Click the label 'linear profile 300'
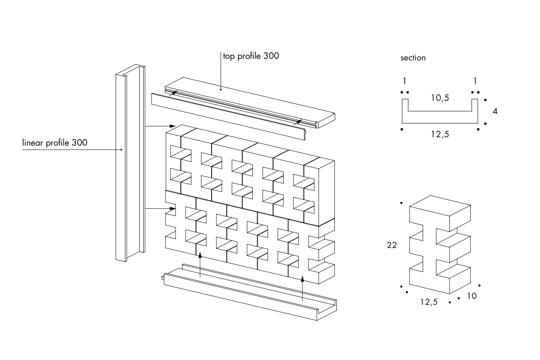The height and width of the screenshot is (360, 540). [x=55, y=142]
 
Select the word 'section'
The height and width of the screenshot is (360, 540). [x=413, y=58]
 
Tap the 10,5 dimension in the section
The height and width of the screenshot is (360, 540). [x=440, y=97]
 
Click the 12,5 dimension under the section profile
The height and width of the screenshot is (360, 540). [x=440, y=134]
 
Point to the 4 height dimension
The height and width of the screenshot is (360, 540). [x=495, y=111]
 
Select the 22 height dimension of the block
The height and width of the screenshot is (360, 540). [x=392, y=245]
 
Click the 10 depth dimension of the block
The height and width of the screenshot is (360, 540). [x=472, y=296]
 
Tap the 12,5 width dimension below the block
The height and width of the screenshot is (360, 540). [x=429, y=302]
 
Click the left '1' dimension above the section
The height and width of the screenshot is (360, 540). [x=404, y=81]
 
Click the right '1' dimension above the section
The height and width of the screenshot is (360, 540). [x=475, y=81]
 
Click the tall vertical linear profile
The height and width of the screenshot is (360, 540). [x=130, y=164]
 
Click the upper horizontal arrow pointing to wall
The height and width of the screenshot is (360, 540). [x=160, y=126]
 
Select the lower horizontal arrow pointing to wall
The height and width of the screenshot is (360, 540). [x=160, y=208]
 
